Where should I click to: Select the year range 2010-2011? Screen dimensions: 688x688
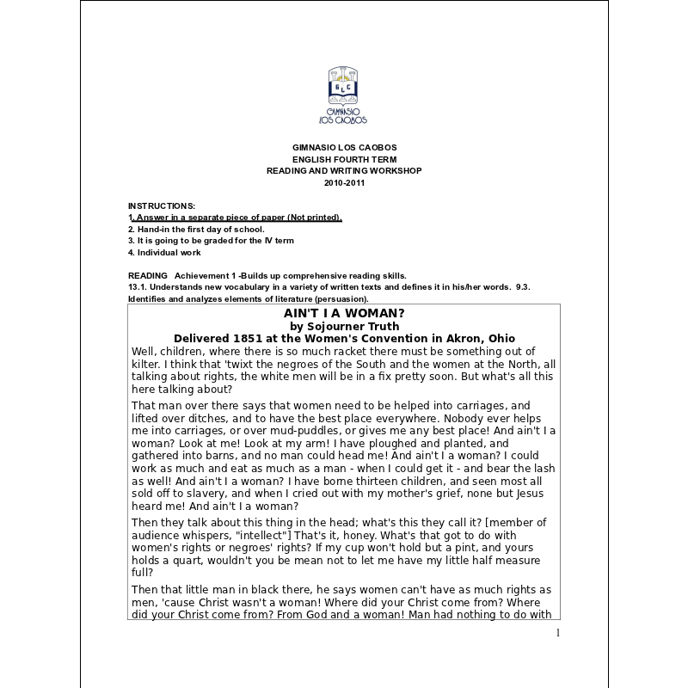[344, 183]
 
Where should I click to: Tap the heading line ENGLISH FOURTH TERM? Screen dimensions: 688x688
[344, 159]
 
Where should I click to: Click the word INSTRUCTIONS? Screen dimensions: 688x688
[162, 206]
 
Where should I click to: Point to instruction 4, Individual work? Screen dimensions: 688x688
[164, 253]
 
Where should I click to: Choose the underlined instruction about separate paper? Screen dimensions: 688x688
[235, 218]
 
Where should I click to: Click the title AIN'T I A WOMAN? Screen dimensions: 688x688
[344, 313]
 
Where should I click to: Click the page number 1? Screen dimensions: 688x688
[557, 634]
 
